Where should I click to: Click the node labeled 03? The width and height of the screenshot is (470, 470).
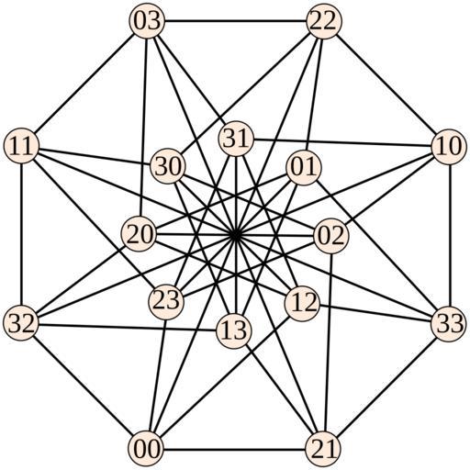(x=148, y=21)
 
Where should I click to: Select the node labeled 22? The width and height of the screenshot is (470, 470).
(x=324, y=21)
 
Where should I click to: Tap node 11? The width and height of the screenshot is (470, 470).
(x=21, y=146)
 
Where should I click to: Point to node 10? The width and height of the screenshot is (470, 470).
(x=449, y=147)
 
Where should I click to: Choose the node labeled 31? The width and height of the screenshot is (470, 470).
(x=236, y=139)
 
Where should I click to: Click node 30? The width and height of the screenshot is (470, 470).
(x=168, y=167)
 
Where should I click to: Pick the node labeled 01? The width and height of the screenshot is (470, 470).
(x=303, y=167)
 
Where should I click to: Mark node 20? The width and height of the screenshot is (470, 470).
(x=140, y=234)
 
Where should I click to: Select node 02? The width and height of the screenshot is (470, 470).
(x=331, y=236)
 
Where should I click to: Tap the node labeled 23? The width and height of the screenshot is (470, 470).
(x=166, y=301)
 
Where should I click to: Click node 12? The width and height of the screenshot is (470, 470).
(x=302, y=303)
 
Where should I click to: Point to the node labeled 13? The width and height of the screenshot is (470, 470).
(x=234, y=331)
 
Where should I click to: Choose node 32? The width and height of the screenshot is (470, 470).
(x=21, y=322)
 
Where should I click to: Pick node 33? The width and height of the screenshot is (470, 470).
(x=449, y=324)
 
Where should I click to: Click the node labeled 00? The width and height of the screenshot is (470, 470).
(x=146, y=449)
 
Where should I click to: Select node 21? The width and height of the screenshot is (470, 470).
(x=323, y=450)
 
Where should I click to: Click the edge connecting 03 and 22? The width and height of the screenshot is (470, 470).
(x=236, y=21)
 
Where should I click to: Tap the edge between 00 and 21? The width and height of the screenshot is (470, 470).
(x=234, y=449)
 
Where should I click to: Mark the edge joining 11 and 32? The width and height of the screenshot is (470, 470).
(x=21, y=234)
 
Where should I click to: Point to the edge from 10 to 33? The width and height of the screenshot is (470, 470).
(x=449, y=235)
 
